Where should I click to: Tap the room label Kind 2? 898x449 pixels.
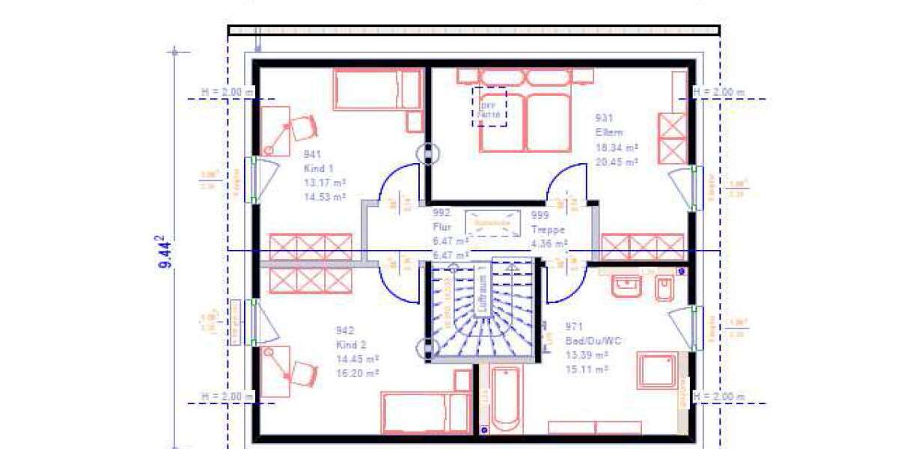coord(351,344)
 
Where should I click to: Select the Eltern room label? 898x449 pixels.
coord(609,132)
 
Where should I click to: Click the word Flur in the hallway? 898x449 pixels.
coord(442,227)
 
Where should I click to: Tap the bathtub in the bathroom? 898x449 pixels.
coord(507,398)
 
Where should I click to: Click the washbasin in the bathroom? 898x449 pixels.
coord(626,285)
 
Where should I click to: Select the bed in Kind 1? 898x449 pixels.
coord(376,91)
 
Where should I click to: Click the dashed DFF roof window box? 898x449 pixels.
coord(489,107)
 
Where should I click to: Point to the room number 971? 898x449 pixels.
coord(574,327)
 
